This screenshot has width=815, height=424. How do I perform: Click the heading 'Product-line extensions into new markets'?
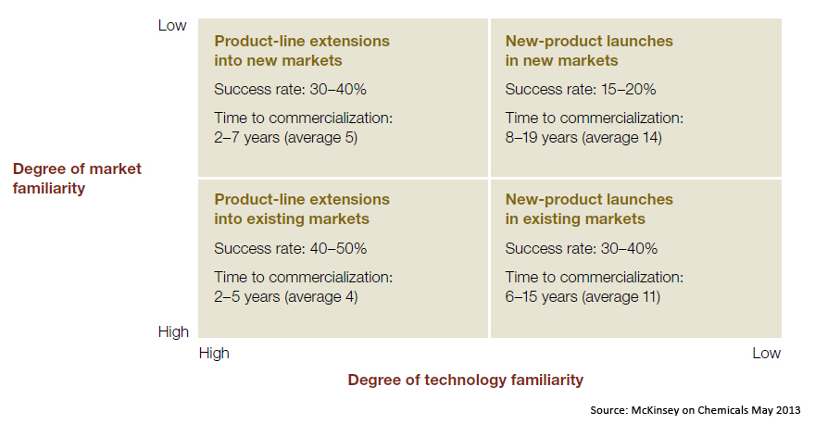[302, 51]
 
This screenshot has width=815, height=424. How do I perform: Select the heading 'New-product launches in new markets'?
[589, 51]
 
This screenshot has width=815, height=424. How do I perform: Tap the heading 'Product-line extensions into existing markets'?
[302, 209]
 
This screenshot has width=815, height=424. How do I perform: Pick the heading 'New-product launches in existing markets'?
[589, 209]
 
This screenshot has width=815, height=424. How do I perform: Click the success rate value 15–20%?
[629, 90]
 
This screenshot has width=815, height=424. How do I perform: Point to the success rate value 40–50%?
[338, 248]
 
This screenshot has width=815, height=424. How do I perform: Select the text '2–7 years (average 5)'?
[286, 138]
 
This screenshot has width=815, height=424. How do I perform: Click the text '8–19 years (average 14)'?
[583, 138]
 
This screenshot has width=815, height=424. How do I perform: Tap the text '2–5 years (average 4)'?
[286, 296]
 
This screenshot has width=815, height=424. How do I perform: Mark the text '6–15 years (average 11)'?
[583, 296]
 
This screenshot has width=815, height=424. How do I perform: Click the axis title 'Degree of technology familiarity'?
[466, 380]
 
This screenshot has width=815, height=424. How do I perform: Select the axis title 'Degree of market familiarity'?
[77, 179]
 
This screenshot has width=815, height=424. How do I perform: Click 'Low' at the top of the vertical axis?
[172, 26]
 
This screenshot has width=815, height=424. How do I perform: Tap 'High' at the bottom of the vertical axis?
[173, 332]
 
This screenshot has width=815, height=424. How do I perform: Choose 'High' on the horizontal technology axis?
[214, 354]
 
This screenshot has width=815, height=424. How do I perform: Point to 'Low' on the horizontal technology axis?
[766, 354]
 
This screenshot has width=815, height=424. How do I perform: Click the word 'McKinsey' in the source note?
[655, 410]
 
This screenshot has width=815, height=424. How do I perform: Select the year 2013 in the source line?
[788, 410]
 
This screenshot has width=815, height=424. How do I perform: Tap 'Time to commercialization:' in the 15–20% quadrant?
[594, 118]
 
